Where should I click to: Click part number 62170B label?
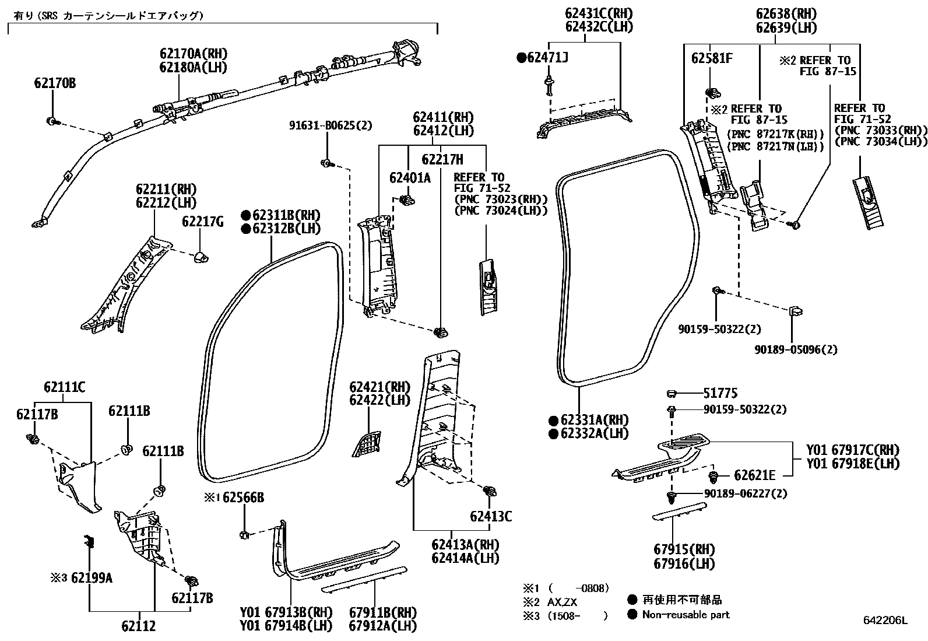54,83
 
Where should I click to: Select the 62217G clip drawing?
200,257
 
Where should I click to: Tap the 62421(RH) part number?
379,387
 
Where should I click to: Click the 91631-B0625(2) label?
330,125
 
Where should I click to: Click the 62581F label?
712,59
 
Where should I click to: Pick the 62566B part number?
243,498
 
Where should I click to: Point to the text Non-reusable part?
686,614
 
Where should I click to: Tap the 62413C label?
491,516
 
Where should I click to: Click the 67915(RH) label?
684,549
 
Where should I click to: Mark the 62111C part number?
64,387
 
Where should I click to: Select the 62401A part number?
410,178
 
